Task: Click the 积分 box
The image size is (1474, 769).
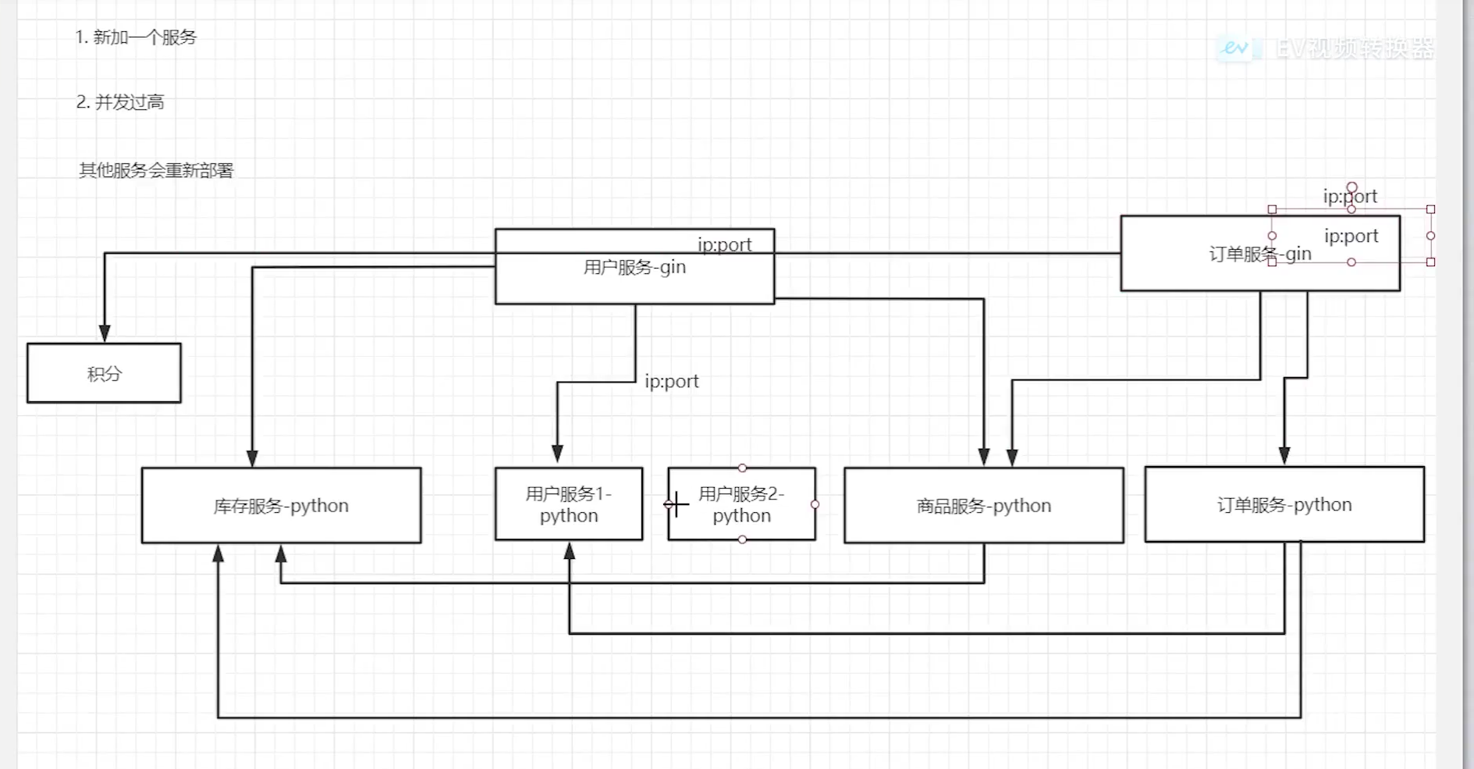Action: [x=104, y=373]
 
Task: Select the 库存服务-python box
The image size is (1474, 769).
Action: [x=281, y=505]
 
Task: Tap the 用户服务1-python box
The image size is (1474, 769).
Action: [x=569, y=504]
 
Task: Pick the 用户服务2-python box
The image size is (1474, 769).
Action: [x=741, y=504]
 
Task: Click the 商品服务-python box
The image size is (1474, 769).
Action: [x=984, y=505]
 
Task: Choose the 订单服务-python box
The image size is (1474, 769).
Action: [x=1284, y=504]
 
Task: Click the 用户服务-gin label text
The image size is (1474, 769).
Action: [x=634, y=267]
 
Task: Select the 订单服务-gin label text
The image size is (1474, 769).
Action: [x=1259, y=255]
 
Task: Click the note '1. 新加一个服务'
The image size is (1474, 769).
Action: [x=136, y=37]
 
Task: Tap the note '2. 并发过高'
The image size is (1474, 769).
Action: [x=120, y=102]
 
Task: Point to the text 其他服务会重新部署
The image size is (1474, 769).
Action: [x=156, y=170]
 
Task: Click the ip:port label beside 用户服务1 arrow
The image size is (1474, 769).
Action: [x=671, y=381]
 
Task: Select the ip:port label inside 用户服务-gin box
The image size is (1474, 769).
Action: [x=724, y=244]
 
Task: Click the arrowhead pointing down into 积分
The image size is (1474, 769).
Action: [x=105, y=333]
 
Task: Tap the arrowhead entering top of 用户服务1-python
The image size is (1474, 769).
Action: [x=557, y=454]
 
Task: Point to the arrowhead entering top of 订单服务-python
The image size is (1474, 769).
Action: [x=1284, y=455]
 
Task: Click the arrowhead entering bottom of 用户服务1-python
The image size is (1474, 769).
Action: [x=570, y=552]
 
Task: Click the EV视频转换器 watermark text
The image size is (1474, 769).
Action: [x=1355, y=48]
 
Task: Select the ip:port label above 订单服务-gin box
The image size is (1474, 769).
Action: [x=1350, y=196]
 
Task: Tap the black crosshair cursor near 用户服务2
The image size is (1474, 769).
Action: [x=677, y=504]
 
